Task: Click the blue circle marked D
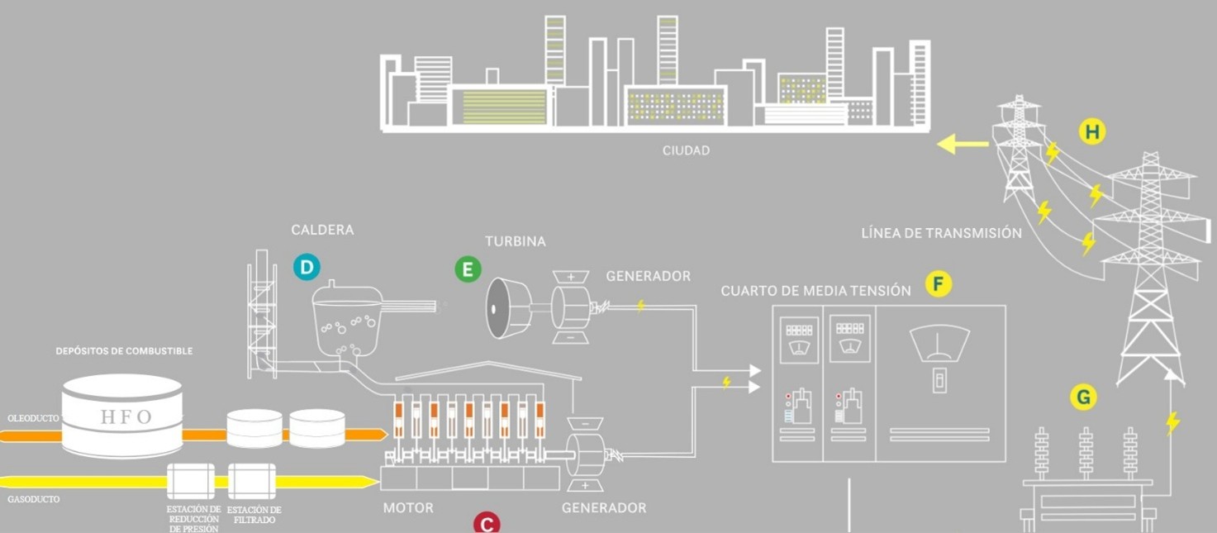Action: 306,266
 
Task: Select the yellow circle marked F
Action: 938,284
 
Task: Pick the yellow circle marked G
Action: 1083,397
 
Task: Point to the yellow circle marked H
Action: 1092,131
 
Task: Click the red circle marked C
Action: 487,524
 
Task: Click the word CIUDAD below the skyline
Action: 686,151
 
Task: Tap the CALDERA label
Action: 322,230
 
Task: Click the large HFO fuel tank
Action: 122,415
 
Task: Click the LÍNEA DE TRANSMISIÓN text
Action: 941,233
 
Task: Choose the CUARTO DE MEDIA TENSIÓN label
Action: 815,291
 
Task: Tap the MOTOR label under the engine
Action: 408,507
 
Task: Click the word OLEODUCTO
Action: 33,418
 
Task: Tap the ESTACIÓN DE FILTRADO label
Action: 254,515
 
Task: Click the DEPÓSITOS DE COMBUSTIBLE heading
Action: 124,351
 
